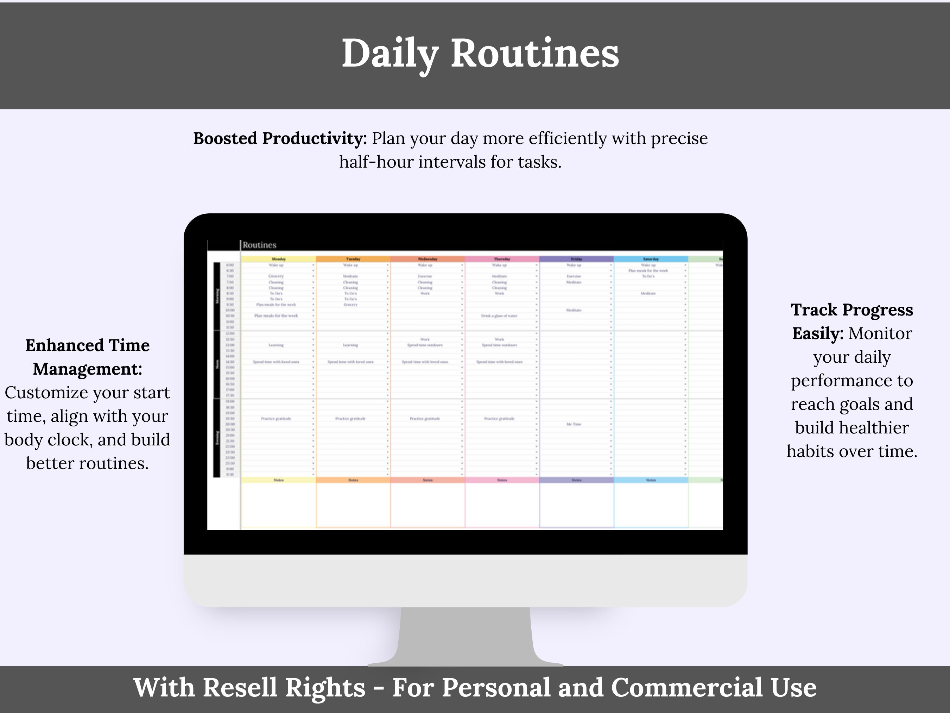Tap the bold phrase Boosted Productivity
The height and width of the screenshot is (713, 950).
coord(280,138)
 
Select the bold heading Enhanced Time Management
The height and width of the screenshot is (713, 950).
coord(88,357)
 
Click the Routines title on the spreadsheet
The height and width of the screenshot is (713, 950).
coord(259,245)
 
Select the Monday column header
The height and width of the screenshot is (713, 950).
coord(279,259)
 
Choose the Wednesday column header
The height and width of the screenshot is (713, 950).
coord(427,259)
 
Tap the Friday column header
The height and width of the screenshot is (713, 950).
coord(576,259)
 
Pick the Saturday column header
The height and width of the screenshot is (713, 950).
coord(651,259)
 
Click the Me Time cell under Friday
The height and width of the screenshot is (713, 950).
coord(574,424)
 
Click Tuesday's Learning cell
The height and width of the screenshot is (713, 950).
coord(350,345)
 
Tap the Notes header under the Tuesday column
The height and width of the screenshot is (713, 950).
coord(353,480)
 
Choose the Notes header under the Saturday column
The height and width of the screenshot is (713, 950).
coord(651,480)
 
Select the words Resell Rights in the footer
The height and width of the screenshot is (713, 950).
coord(284,688)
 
